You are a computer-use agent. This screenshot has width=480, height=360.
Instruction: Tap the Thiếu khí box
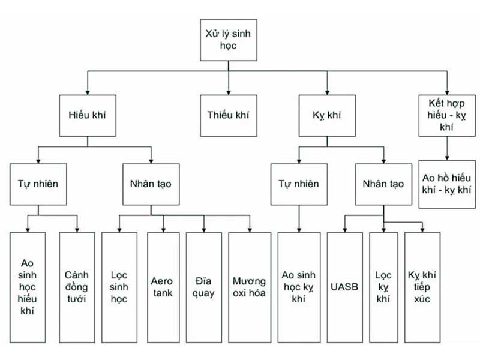point(227,115)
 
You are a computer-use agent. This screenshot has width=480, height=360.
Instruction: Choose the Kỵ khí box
point(328,115)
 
